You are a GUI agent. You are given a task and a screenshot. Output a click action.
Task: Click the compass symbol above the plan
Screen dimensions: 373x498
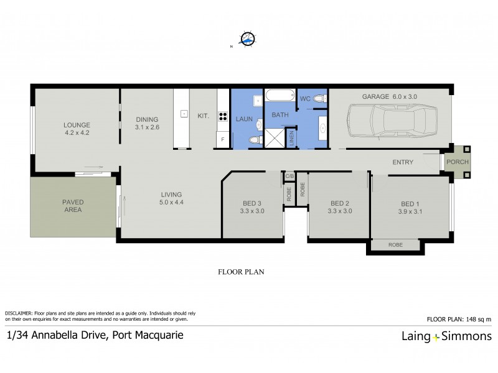pos(248,40)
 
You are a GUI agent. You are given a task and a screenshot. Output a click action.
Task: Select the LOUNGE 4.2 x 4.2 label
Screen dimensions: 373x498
pos(77,128)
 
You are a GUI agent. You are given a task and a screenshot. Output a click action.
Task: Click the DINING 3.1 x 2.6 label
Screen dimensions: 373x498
pos(147,123)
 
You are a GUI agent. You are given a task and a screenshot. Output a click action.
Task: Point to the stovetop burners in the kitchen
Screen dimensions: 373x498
pos(222,115)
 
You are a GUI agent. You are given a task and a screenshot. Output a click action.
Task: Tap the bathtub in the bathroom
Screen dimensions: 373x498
pos(280,97)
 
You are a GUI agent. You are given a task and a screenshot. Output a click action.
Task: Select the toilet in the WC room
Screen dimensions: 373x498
pos(319,98)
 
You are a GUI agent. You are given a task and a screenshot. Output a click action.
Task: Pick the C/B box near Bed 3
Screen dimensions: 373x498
pos(289,177)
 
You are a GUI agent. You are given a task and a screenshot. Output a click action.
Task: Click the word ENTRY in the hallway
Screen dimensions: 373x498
pos(403,162)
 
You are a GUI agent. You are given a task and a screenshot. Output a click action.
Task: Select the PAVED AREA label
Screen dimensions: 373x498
pos(72,206)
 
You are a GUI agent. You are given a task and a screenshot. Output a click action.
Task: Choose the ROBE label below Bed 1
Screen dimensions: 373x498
pos(395,245)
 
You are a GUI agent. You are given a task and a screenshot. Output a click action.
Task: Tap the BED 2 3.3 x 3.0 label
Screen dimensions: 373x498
pos(341,207)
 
